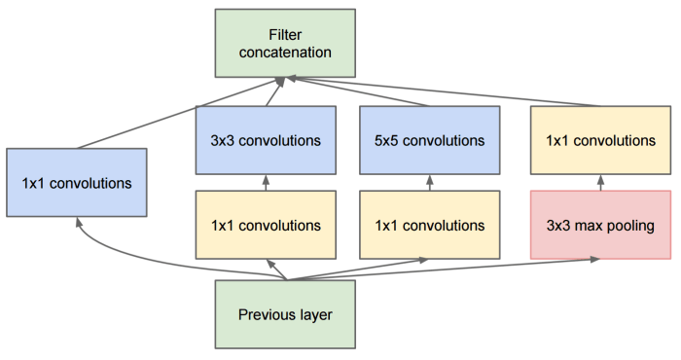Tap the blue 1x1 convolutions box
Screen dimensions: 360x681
[76, 182]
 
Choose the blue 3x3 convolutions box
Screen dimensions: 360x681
[266, 140]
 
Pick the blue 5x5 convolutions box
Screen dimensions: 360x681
[429, 140]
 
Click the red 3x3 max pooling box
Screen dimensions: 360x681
[600, 225]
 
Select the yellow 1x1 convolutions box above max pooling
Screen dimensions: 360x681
[600, 140]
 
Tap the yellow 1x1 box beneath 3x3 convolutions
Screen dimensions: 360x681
[266, 225]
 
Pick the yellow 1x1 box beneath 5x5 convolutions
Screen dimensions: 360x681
[429, 225]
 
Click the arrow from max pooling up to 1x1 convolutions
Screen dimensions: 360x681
[600, 183]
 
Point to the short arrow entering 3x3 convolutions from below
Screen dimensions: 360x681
[266, 183]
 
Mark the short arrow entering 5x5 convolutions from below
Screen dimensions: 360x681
[429, 183]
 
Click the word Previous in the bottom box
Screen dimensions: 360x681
[267, 314]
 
